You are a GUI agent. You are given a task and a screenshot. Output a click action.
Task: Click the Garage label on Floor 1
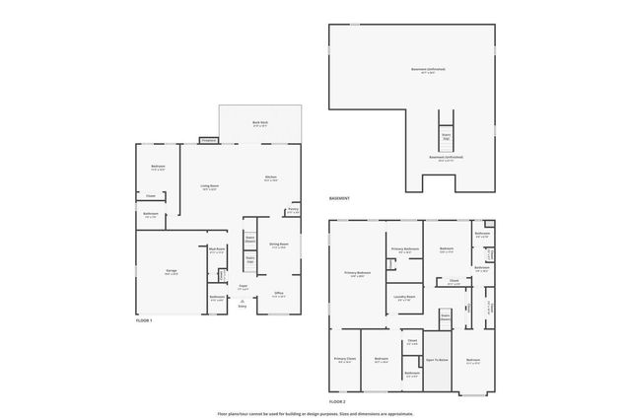coord(171,271)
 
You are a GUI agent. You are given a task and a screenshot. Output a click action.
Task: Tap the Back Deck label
coord(259,124)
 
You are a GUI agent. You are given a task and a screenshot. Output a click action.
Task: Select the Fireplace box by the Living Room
coord(207,141)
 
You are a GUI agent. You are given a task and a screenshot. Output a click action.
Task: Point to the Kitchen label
coord(270,178)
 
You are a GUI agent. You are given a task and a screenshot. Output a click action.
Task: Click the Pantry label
coord(293,209)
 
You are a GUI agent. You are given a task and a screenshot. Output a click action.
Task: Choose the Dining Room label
coord(279,245)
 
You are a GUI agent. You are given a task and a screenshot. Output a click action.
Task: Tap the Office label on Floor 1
coord(279,293)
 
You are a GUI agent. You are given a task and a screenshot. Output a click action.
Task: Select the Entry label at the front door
coord(242,307)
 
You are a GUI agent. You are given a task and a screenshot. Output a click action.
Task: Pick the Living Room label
coord(210,186)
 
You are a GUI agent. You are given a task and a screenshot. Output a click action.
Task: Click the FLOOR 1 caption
coord(145,321)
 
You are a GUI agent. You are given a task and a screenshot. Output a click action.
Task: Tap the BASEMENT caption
coord(340,200)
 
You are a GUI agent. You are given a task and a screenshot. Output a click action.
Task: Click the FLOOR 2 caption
coord(337,402)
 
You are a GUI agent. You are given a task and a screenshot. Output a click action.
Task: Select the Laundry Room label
coord(404,297)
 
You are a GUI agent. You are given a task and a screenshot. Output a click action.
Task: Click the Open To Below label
coord(436,361)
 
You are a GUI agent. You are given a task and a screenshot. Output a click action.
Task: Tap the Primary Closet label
coord(344,360)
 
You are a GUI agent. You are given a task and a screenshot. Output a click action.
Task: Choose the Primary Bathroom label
coord(405,249)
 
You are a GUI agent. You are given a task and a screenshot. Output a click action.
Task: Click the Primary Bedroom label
coord(357,273)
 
